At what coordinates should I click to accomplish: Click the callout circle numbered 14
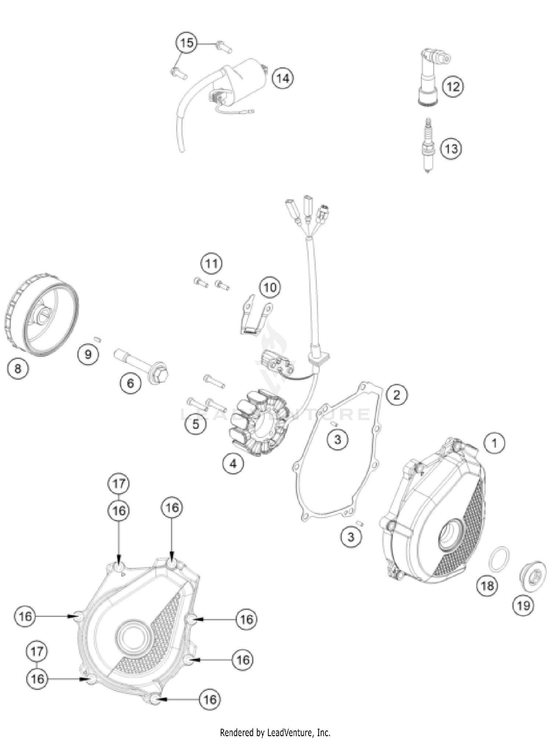coord(283,78)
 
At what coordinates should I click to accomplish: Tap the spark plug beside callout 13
coord(427,145)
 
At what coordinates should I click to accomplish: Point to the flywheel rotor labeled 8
coord(42,315)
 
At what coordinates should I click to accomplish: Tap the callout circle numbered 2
coord(396,395)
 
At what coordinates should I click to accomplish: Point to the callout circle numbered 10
coord(270,287)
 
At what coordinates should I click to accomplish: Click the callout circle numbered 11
coord(212,263)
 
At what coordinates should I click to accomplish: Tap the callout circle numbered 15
coord(187,43)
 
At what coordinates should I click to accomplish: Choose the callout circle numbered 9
coord(88,354)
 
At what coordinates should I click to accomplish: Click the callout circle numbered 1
coord(494,443)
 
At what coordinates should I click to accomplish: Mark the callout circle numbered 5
coord(196,424)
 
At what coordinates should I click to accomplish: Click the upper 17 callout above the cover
coord(119,484)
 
